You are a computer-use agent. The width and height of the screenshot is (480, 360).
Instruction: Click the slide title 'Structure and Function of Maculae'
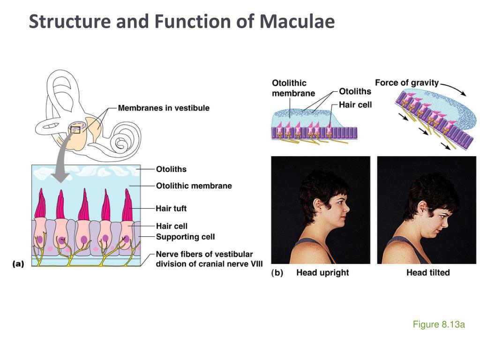tap(182, 22)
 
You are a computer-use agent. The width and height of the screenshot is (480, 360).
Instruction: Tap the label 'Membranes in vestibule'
tap(164, 108)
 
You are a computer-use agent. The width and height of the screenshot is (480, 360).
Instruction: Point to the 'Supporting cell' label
tap(185, 237)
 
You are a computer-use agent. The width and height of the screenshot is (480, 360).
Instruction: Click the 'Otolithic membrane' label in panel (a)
tap(194, 186)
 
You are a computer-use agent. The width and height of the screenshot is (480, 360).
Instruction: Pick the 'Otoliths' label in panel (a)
tap(171, 169)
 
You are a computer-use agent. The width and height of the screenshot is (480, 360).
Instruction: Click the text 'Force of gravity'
tap(406, 83)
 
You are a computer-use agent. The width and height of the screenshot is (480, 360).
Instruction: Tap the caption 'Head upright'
tap(322, 272)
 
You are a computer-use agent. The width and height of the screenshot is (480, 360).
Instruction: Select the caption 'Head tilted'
tap(428, 272)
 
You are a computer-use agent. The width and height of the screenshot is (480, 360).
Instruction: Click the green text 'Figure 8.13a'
tap(438, 324)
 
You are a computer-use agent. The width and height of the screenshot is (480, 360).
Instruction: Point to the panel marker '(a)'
tap(18, 264)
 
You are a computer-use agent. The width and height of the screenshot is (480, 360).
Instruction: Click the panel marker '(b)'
tap(277, 272)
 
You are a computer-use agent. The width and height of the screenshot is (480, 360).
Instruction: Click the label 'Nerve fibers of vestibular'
tap(204, 254)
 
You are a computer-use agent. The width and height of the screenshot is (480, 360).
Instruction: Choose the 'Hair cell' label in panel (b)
tap(355, 105)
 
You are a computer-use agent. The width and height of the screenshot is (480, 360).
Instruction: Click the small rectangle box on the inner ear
tap(75, 129)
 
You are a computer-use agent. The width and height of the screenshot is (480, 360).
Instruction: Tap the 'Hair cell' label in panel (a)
tap(172, 226)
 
